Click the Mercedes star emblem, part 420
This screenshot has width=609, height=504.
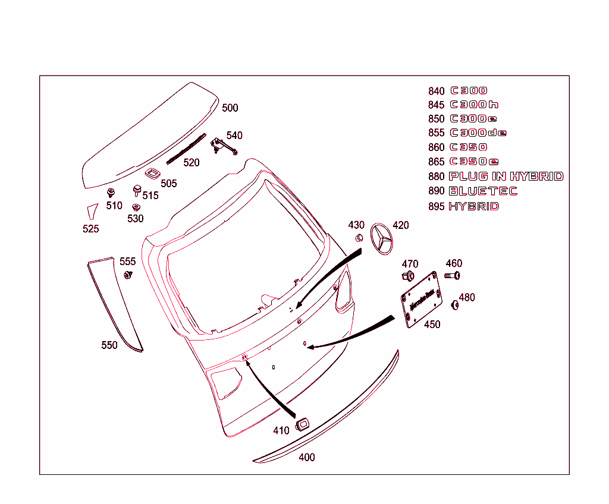click(382, 239)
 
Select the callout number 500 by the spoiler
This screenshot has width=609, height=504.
click(230, 108)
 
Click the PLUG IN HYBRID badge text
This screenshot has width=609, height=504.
click(506, 176)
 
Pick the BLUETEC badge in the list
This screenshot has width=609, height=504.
click(482, 191)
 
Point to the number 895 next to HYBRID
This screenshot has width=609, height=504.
click(436, 207)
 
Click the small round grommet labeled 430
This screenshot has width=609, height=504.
click(359, 238)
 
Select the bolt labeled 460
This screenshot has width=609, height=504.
click(453, 275)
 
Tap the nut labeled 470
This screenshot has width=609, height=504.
click(409, 275)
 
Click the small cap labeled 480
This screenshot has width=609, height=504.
click(456, 305)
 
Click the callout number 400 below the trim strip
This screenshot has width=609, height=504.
click(307, 457)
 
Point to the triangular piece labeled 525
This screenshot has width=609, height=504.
click(91, 210)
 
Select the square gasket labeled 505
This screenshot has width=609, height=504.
click(152, 173)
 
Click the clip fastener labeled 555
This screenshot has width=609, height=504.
click(127, 275)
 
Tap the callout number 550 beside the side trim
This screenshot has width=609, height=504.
click(109, 345)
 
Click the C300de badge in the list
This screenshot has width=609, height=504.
click(478, 133)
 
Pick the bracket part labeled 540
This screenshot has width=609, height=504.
click(222, 145)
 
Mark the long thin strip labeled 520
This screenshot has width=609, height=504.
click(186, 149)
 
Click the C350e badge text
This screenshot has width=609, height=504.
click(474, 162)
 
